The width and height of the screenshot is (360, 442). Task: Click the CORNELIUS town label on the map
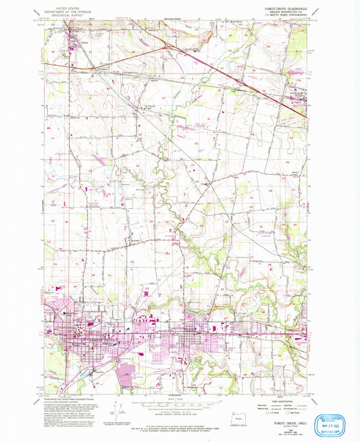click(x=188, y=329)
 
